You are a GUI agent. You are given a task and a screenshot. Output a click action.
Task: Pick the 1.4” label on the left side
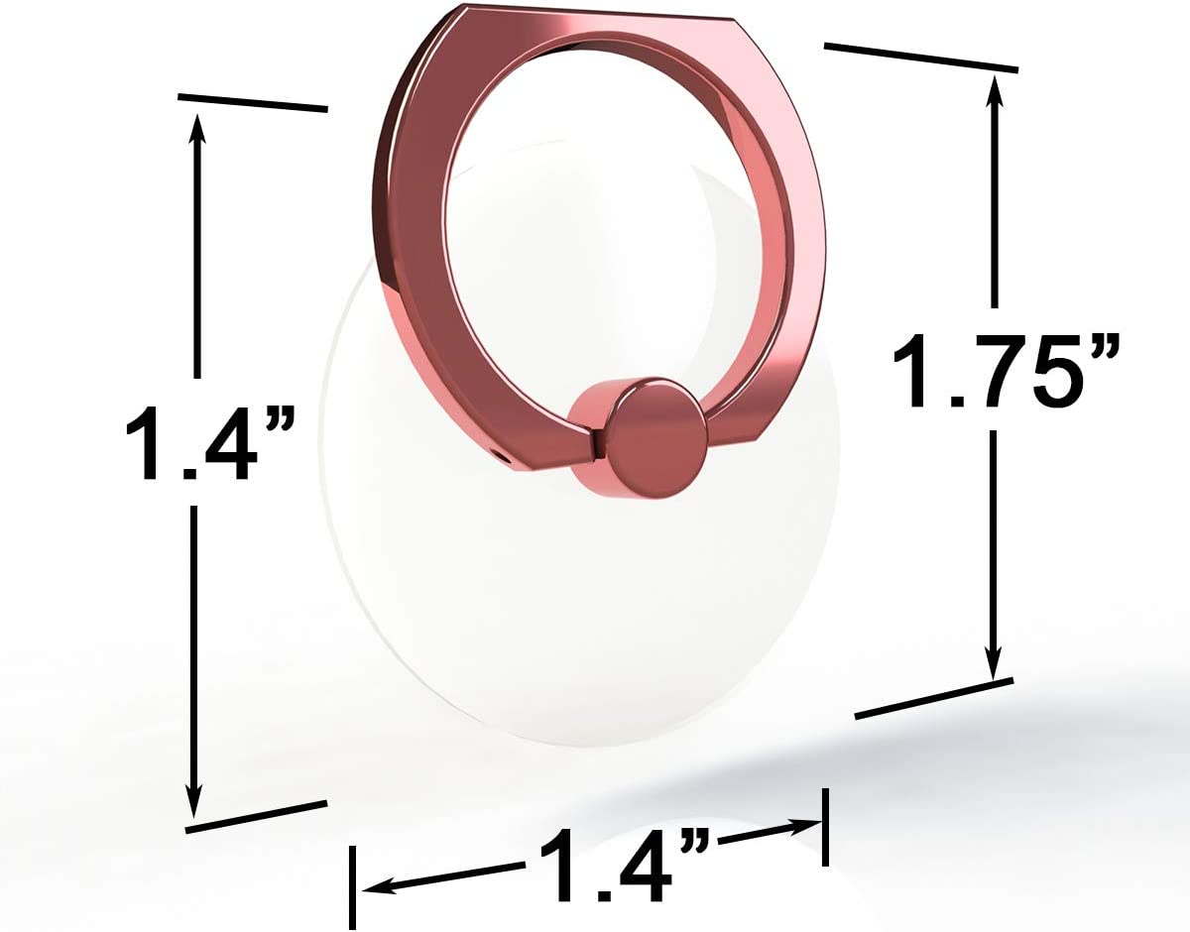(x=209, y=443)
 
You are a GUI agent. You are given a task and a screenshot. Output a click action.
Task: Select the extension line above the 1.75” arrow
(x=920, y=57)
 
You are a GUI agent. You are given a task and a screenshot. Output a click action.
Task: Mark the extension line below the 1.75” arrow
(x=933, y=698)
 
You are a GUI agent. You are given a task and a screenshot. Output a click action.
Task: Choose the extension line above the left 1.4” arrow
(x=252, y=102)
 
